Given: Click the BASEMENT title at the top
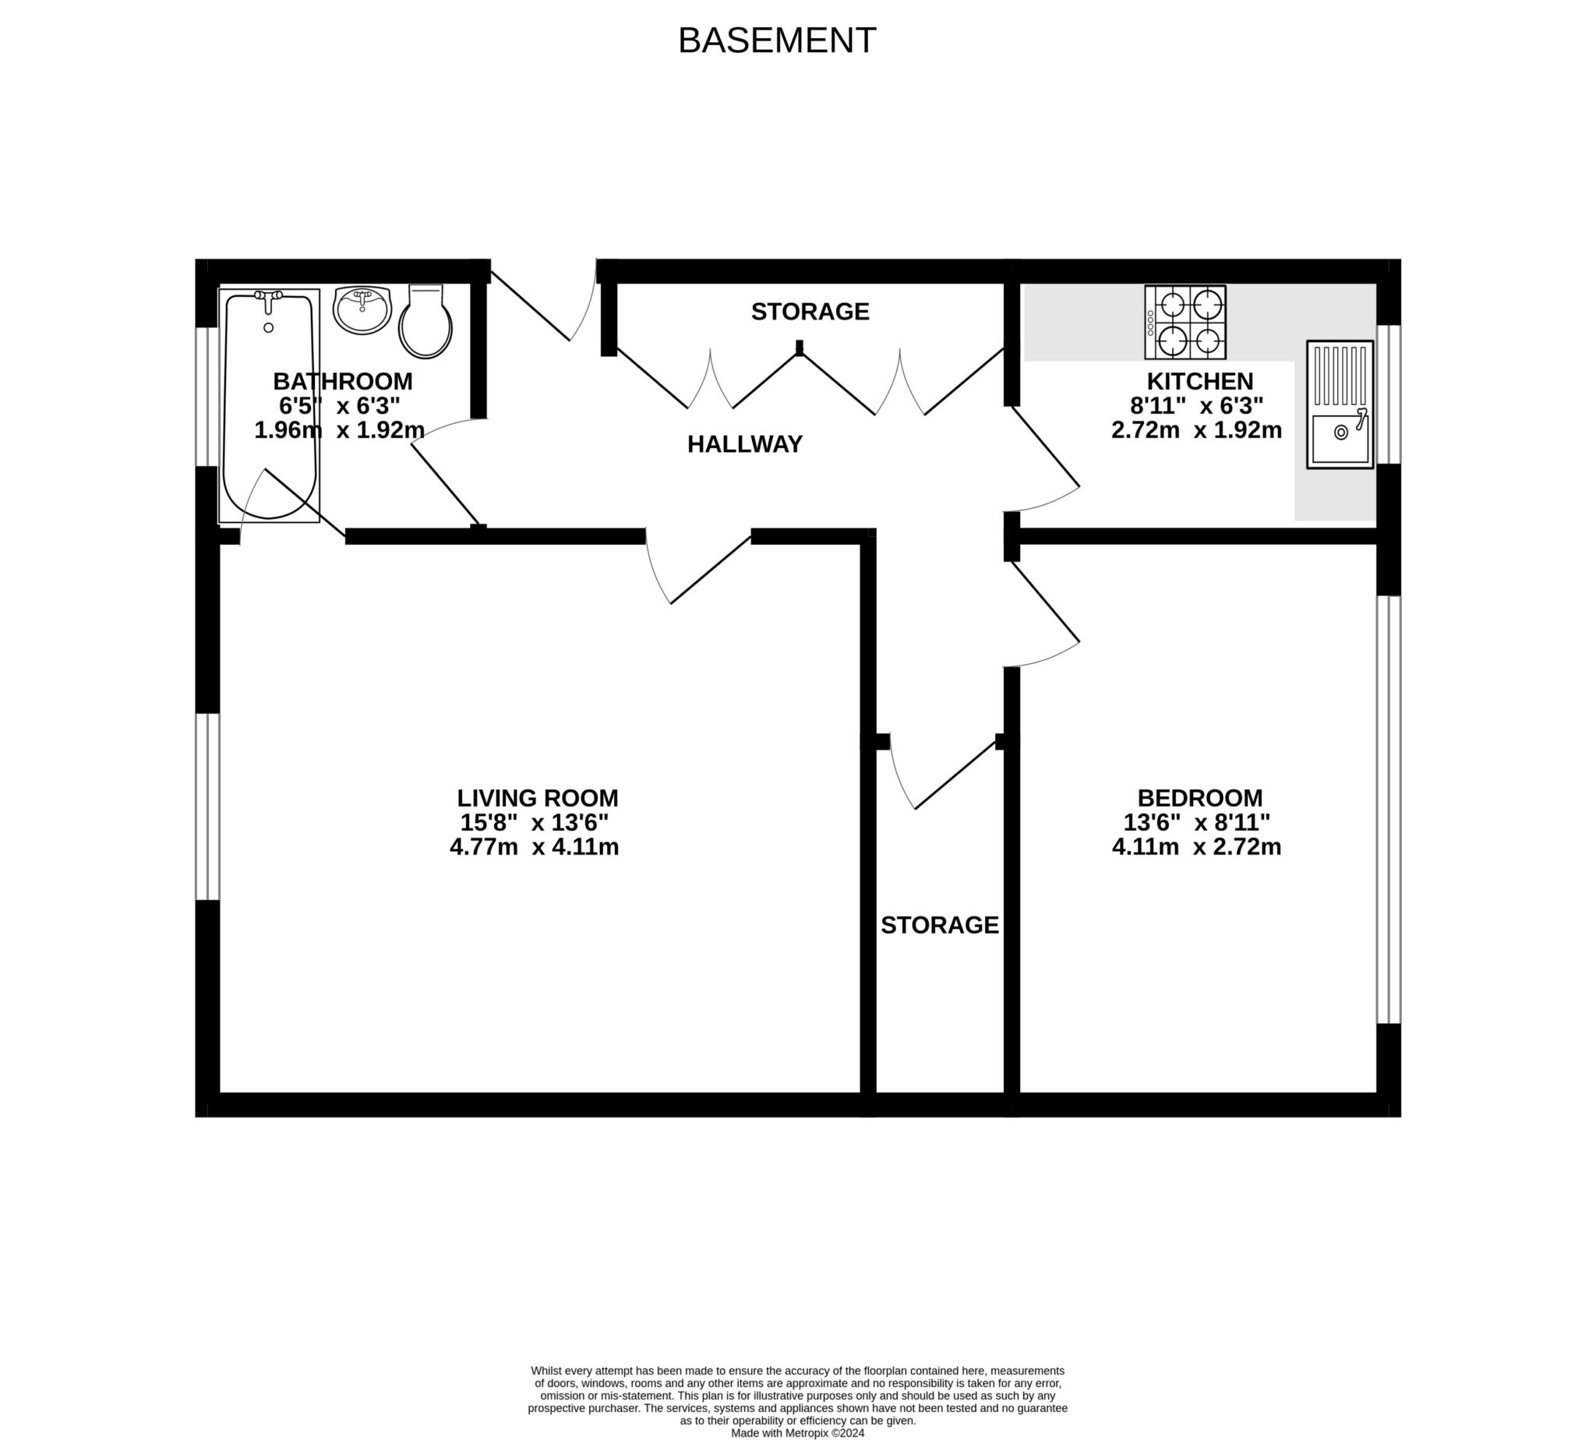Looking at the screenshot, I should (x=776, y=41).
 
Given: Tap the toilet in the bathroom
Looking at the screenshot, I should (x=425, y=322).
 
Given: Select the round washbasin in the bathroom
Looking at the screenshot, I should (x=362, y=309).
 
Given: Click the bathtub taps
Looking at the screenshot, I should (x=268, y=297).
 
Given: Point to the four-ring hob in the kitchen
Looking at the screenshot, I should (x=1185, y=322).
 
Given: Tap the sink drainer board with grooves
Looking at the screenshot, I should (x=1339, y=374).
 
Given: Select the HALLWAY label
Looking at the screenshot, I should (x=744, y=445).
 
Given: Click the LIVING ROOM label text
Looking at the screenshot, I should (x=537, y=798).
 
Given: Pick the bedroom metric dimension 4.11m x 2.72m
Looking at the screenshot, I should (x=1196, y=846).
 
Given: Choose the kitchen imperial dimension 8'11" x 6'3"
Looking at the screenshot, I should (x=1196, y=406).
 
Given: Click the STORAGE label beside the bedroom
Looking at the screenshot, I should (x=939, y=925).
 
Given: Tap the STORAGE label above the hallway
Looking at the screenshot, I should (x=810, y=312).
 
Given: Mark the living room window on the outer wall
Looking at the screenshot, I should (x=207, y=806).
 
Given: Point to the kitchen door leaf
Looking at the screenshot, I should (x=1044, y=446).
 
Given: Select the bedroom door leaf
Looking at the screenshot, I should (x=1044, y=601).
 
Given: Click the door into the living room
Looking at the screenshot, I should (x=710, y=570).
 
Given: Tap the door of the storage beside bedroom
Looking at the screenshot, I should (x=956, y=775).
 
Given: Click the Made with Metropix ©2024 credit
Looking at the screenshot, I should (x=796, y=1433).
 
